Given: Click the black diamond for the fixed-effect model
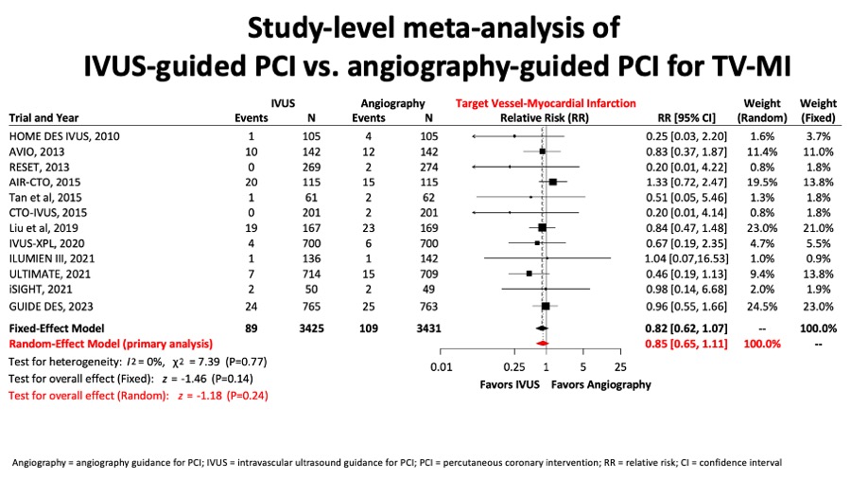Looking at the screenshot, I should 542,328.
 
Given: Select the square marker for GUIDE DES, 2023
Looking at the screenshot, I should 546,307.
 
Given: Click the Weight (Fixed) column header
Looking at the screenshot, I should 818,111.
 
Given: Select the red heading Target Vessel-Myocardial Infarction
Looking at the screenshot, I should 546,103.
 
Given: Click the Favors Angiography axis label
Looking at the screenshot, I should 601,384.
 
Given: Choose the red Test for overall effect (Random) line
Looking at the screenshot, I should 138,396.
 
